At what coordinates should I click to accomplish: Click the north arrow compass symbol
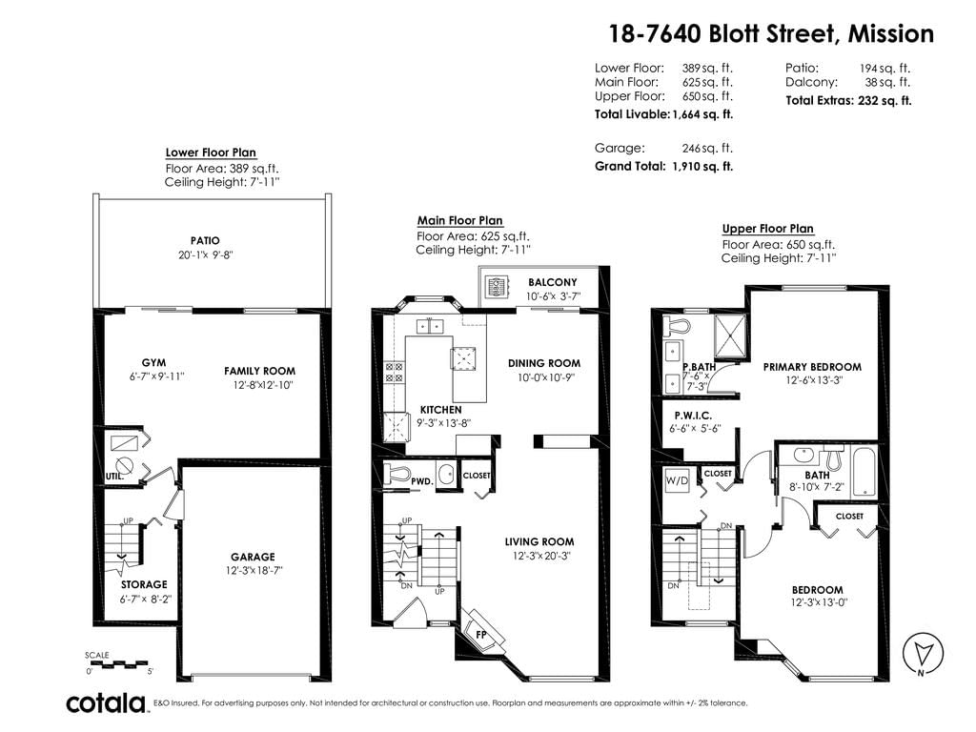923,653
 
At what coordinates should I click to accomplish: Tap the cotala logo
106,703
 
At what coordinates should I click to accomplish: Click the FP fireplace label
480,634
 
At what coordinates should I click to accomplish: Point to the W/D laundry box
677,480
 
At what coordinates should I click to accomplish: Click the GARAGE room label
253,557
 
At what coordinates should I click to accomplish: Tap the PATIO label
205,240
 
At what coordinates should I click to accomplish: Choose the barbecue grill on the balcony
497,286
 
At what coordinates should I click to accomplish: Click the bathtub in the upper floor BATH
864,471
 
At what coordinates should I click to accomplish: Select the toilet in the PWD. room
396,473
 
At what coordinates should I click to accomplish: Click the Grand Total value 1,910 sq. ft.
702,166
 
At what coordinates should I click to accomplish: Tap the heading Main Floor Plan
460,220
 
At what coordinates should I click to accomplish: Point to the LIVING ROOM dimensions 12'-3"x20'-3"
541,556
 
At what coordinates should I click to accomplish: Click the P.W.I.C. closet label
693,416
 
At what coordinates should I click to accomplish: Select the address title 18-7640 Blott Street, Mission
771,33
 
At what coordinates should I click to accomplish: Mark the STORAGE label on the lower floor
144,584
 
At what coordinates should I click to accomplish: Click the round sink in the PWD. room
446,475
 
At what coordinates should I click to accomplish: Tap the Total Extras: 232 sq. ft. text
848,100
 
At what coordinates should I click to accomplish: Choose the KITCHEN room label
440,410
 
